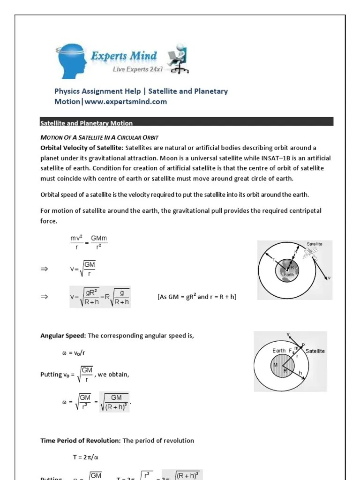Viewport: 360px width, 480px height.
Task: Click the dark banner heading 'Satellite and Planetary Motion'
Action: click(86, 123)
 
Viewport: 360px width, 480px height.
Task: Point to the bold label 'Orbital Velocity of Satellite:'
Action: click(82, 148)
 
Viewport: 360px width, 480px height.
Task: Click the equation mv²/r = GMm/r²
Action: click(89, 242)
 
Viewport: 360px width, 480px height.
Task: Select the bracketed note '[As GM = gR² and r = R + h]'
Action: click(200, 297)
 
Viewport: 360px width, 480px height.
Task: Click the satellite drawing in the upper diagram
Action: click(309, 253)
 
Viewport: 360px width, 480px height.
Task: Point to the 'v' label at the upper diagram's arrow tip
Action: click(329, 278)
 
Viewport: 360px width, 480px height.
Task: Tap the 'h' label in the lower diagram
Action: click(300, 374)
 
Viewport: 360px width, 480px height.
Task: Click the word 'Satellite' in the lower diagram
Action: click(315, 351)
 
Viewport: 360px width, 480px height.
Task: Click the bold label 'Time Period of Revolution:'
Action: click(80, 441)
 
